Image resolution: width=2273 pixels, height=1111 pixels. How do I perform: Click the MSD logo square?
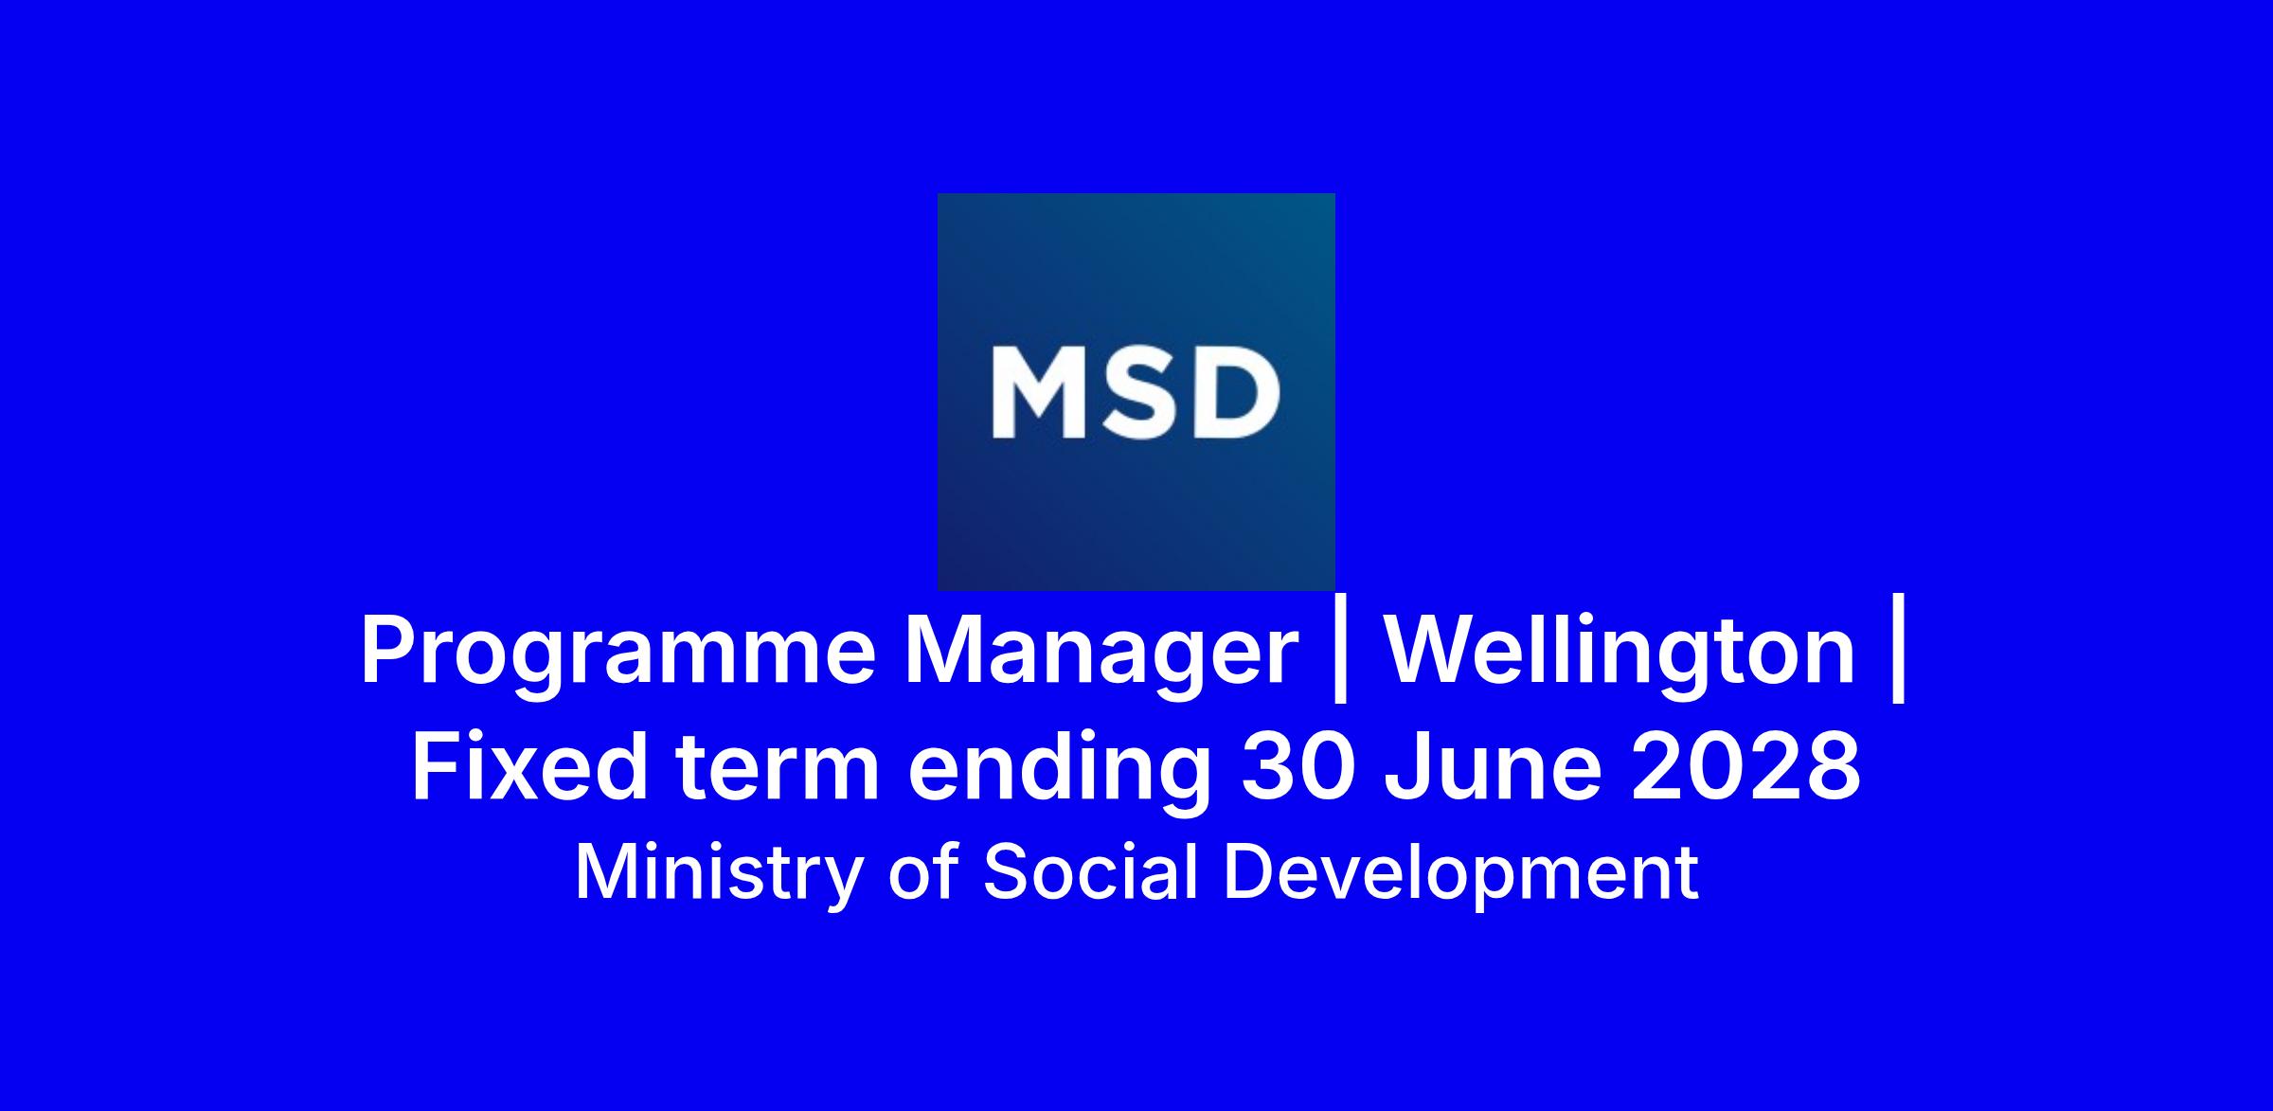click(1136, 392)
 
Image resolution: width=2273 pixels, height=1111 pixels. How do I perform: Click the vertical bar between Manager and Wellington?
click(1340, 656)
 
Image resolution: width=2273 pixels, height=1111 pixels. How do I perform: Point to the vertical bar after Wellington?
click(1898, 656)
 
